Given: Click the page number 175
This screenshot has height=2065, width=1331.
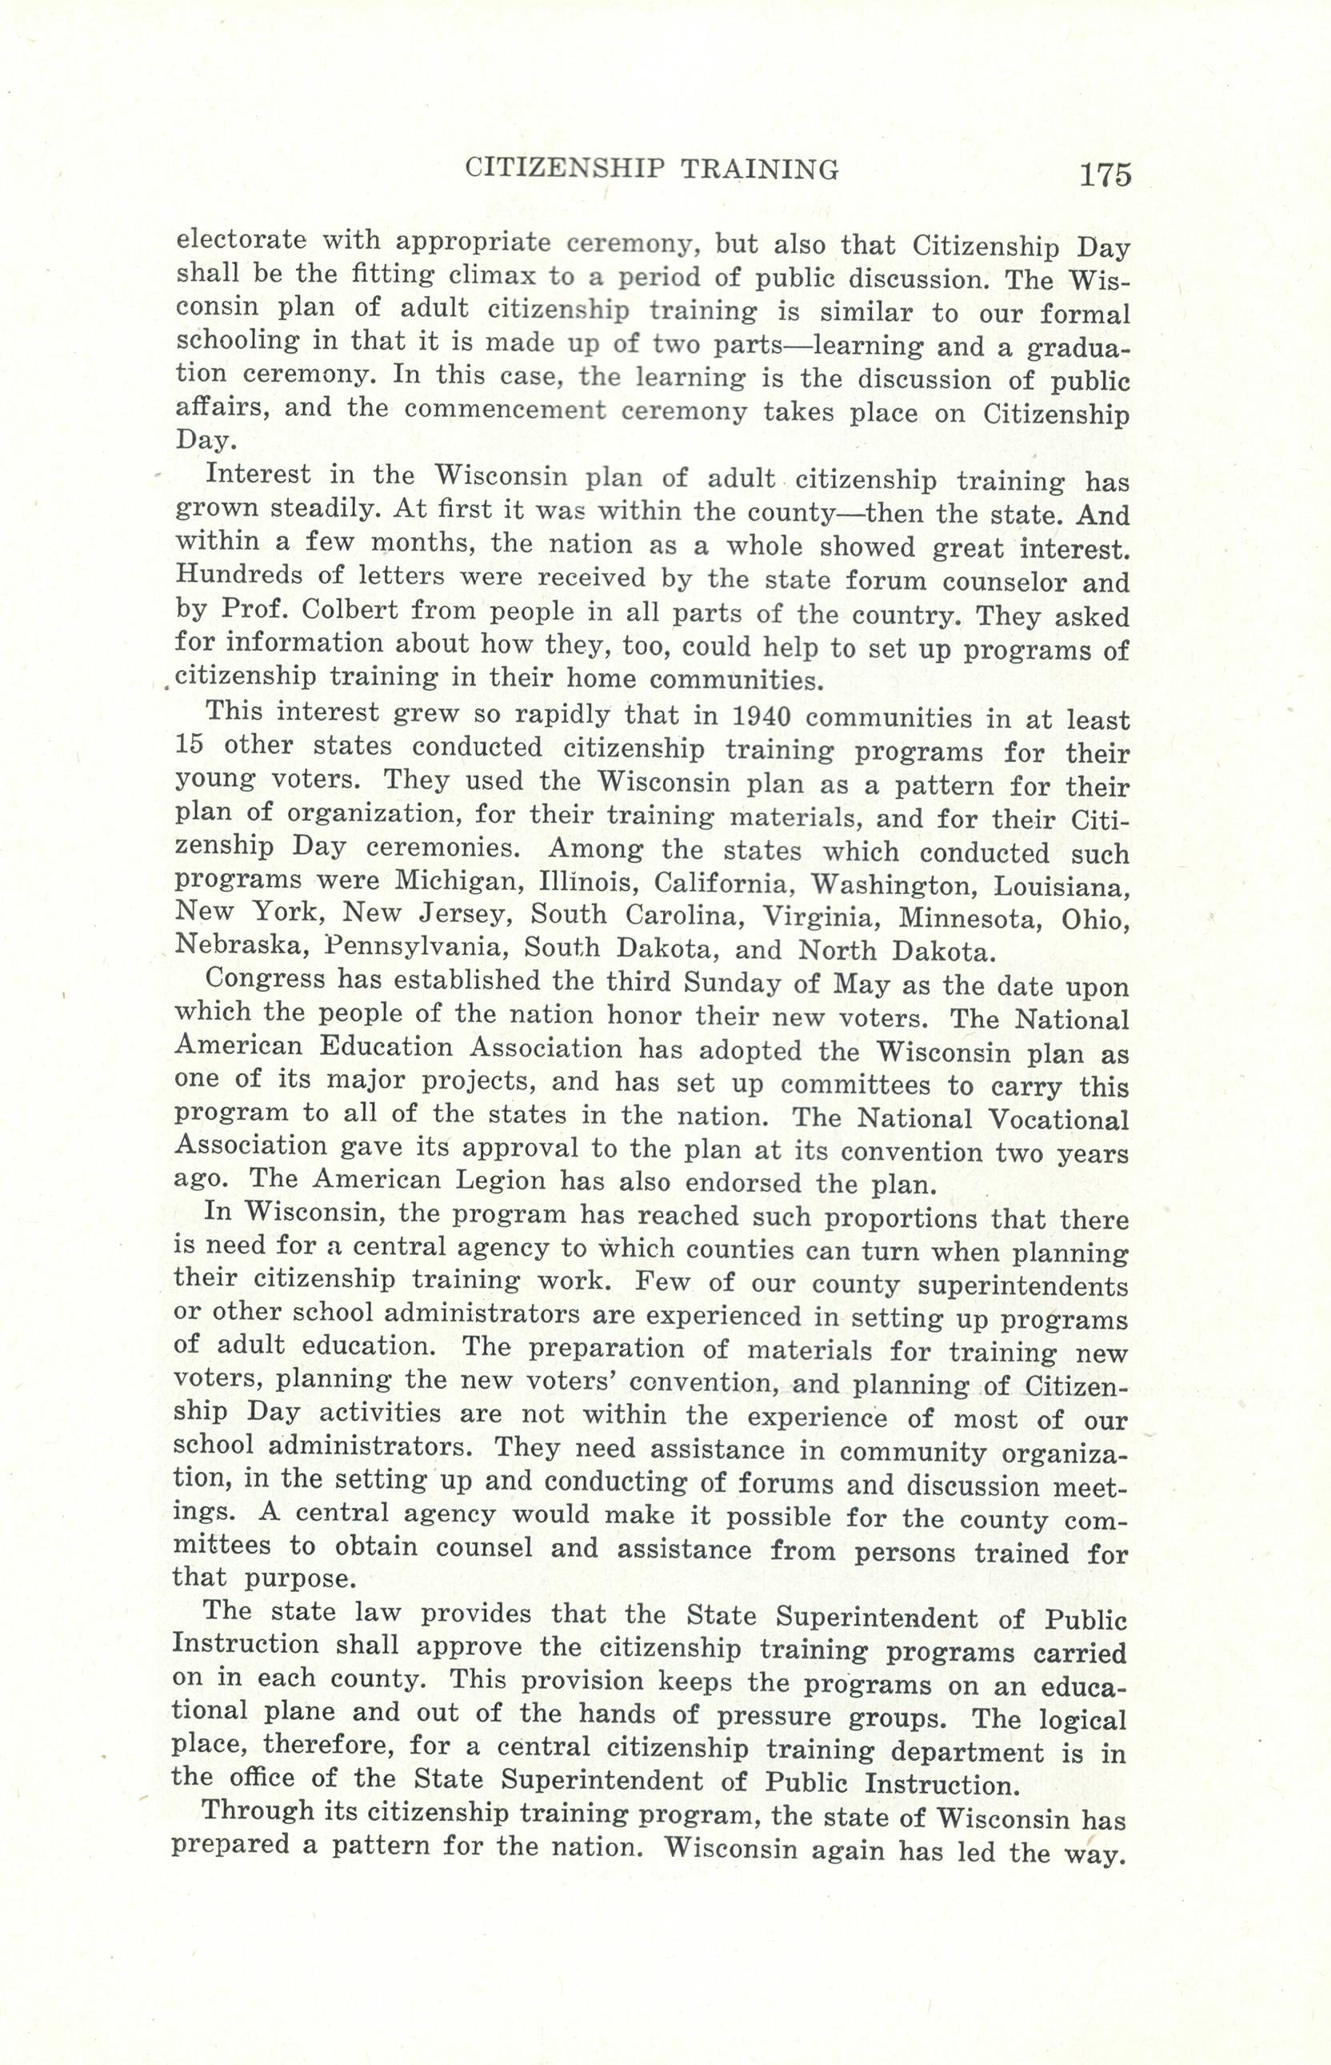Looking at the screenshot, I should tap(1104, 174).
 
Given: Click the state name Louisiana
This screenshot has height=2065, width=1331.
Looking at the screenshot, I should tap(1061, 887).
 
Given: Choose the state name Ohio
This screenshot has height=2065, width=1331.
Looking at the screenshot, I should tap(1095, 919).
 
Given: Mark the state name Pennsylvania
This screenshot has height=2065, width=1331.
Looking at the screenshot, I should tap(413, 947).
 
